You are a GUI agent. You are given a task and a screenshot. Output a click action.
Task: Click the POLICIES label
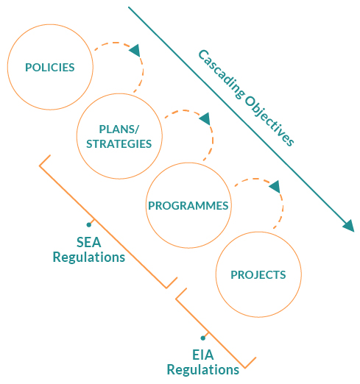click(50, 68)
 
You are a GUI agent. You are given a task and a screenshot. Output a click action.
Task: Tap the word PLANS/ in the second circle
click(119, 129)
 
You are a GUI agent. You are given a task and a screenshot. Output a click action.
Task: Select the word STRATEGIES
click(119, 144)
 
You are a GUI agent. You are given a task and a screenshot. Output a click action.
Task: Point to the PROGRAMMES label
click(188, 206)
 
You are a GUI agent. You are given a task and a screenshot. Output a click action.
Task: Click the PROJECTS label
click(258, 275)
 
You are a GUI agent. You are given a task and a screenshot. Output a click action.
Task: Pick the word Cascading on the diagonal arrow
click(222, 75)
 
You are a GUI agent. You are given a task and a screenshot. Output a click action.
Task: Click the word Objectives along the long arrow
click(269, 121)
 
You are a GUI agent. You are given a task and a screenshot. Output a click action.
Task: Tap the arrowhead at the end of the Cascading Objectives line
click(349, 226)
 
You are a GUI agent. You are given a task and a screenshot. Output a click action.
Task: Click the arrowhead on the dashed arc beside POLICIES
click(135, 51)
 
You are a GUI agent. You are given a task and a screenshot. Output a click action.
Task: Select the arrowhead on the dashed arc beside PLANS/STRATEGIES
click(205, 119)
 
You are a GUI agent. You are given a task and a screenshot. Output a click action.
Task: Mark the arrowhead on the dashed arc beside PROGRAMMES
click(275, 187)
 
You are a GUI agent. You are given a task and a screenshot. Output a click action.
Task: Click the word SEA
click(89, 242)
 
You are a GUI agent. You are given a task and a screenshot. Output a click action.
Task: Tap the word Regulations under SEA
click(89, 257)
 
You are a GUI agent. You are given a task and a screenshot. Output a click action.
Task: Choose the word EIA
click(203, 355)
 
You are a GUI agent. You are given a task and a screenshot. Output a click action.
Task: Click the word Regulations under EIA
click(203, 370)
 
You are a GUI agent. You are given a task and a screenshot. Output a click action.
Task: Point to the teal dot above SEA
click(89, 224)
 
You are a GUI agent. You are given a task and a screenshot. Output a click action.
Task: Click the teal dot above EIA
click(203, 338)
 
